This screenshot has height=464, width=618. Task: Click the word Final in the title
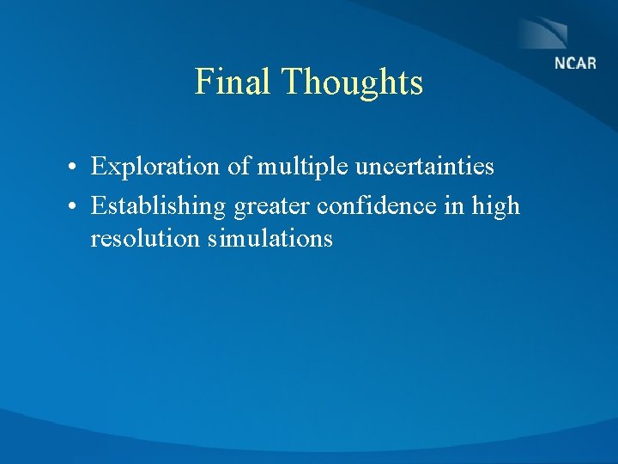[x=233, y=82]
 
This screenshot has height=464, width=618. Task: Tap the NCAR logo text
[x=574, y=64]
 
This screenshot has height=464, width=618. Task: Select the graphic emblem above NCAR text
[x=542, y=34]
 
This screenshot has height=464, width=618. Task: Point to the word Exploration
[x=156, y=167]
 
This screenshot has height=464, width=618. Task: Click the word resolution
[x=145, y=238]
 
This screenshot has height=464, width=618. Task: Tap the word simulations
[x=270, y=238]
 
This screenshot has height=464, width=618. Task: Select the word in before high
[x=459, y=206]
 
